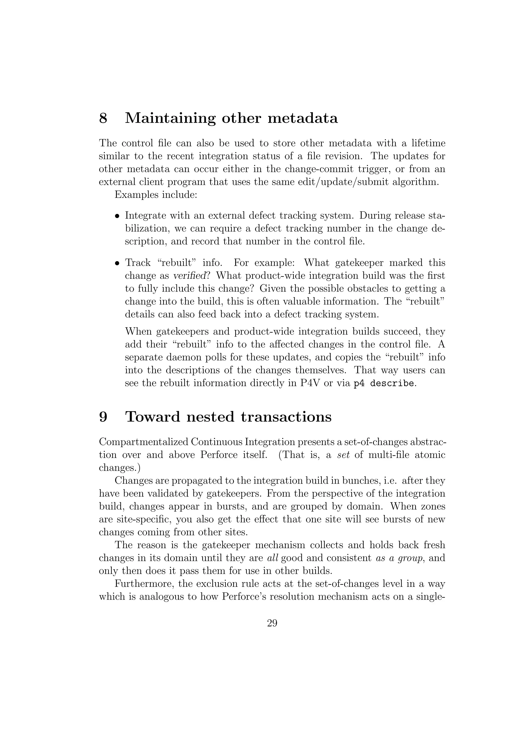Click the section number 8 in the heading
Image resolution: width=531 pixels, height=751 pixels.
(x=103, y=118)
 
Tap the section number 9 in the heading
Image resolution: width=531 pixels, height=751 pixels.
(x=103, y=417)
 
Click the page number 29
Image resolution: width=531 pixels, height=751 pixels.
(x=272, y=623)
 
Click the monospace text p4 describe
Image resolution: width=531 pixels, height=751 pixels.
(x=384, y=383)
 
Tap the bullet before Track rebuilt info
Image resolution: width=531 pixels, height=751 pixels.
(x=117, y=263)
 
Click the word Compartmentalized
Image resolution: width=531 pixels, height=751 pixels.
(x=143, y=442)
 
